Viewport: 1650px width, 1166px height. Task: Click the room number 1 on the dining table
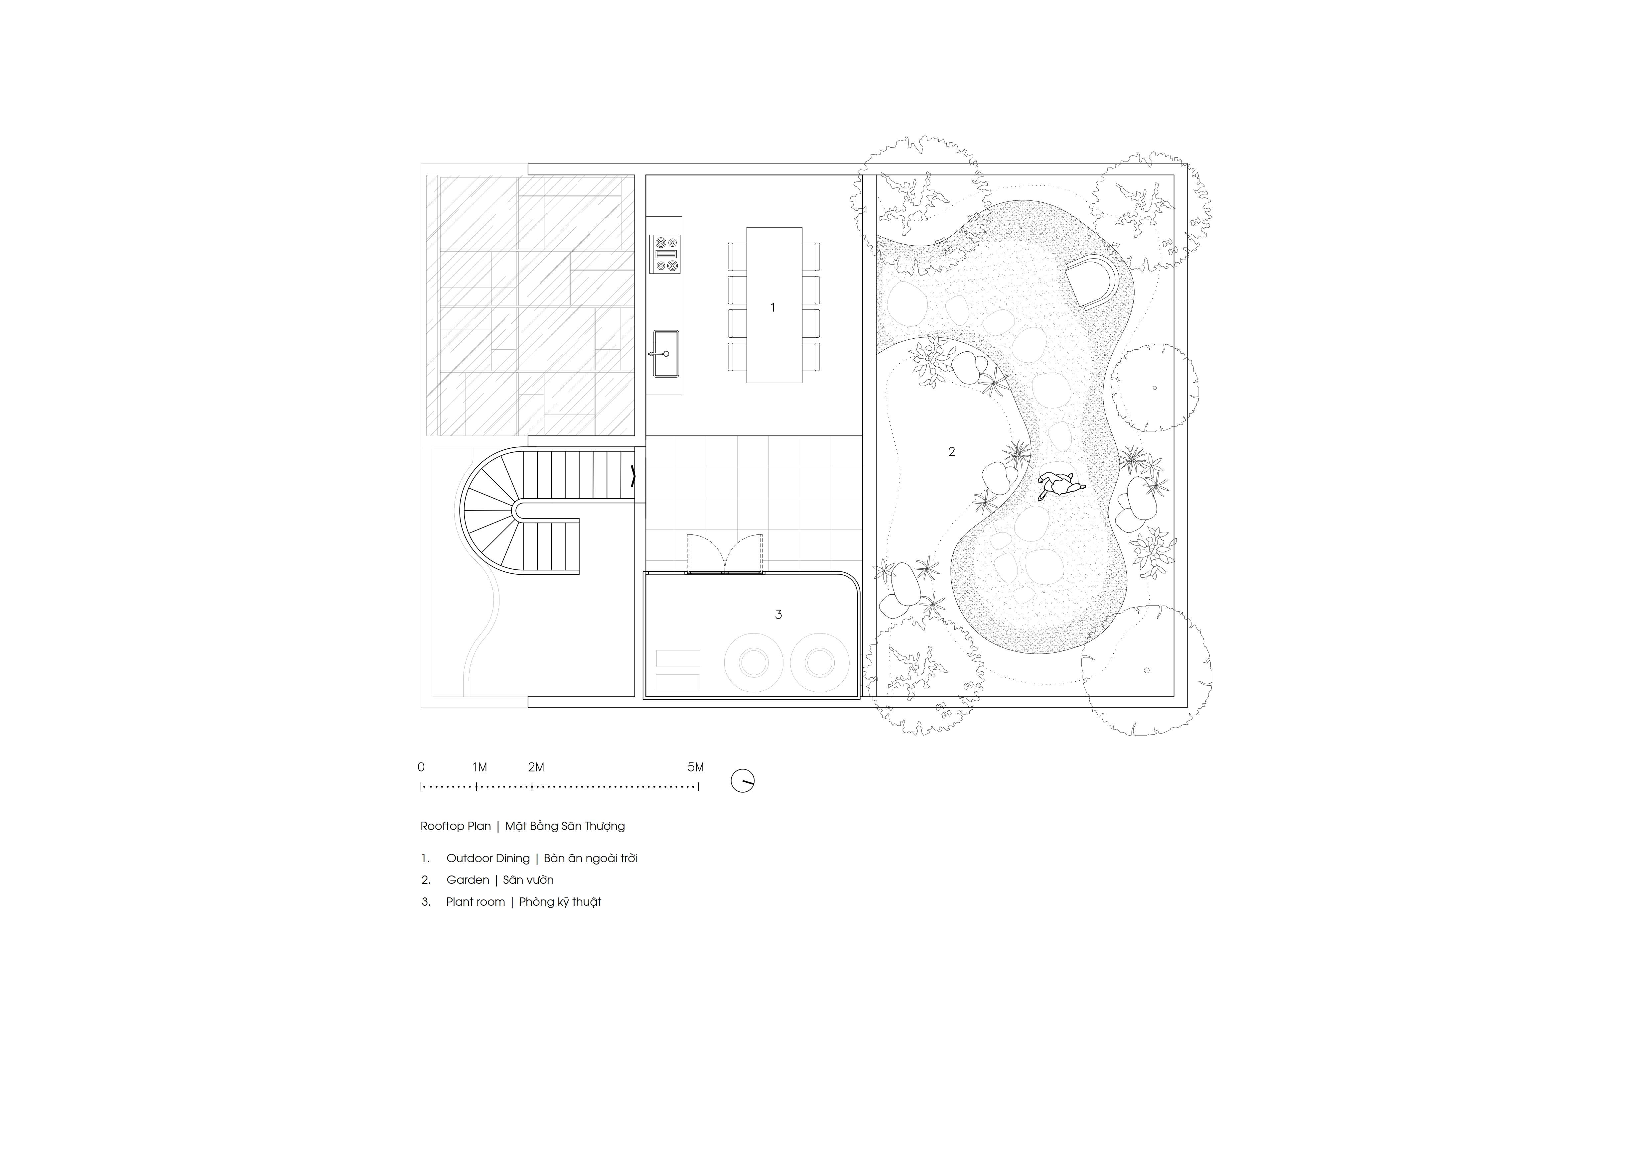[772, 307]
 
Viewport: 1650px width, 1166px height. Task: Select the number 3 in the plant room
[778, 614]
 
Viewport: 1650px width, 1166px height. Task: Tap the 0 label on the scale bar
[421, 767]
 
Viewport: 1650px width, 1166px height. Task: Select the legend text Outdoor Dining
[488, 859]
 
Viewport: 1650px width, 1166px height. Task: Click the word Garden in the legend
[468, 880]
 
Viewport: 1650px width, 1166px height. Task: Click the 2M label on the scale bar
[536, 767]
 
